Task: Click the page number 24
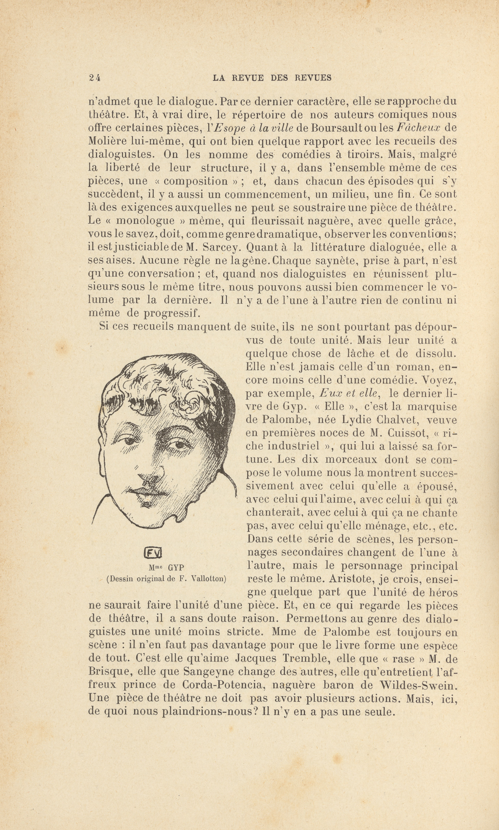coord(95,78)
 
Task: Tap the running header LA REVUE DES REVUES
coord(272,78)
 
